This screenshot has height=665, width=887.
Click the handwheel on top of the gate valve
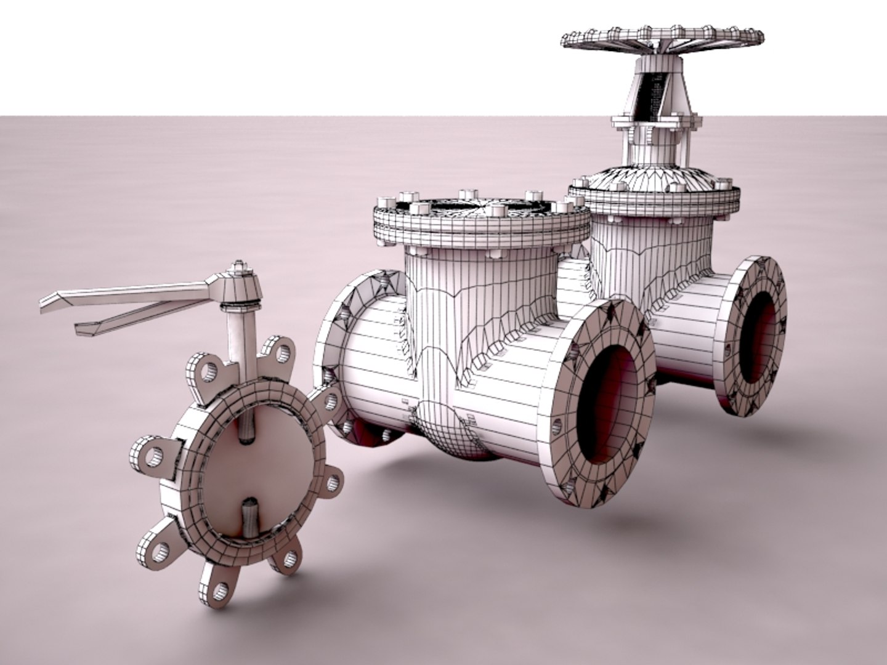(x=663, y=38)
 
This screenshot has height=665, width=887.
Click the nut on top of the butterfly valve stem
(x=239, y=268)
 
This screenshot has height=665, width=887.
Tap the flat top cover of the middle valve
(x=480, y=209)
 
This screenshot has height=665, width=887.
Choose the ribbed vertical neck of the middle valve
(x=480, y=296)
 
